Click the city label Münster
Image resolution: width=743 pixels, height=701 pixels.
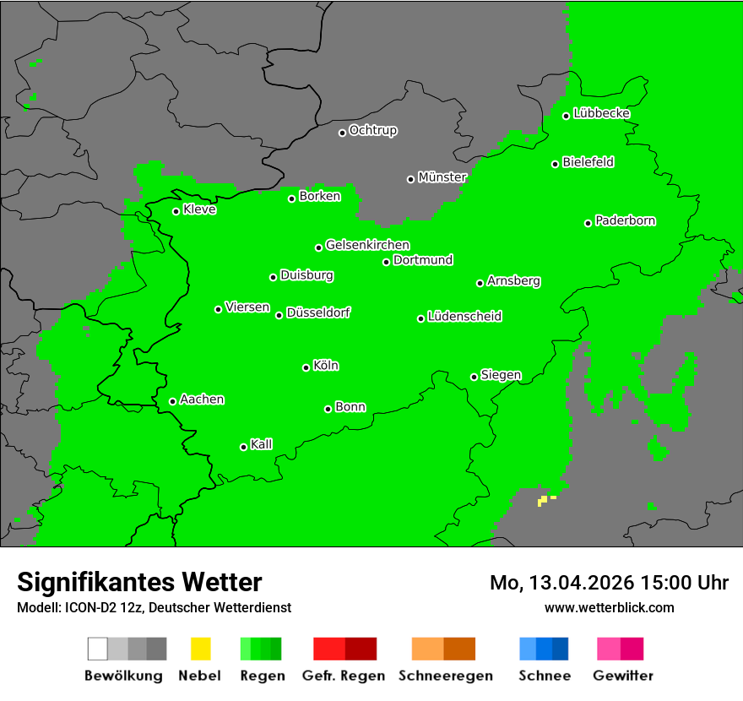(x=442, y=177)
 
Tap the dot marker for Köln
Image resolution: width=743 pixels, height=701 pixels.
(x=306, y=367)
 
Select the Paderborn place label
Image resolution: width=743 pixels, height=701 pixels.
(x=626, y=221)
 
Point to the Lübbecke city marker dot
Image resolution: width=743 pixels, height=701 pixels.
(x=567, y=116)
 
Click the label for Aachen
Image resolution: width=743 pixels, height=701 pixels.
(x=202, y=399)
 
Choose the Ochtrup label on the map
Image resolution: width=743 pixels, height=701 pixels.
(x=373, y=131)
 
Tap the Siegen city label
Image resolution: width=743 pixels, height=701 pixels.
(x=501, y=375)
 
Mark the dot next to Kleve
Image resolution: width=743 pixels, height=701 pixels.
(x=176, y=211)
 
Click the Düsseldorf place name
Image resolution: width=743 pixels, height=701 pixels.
(x=318, y=312)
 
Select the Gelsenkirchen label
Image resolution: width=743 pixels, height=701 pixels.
(x=367, y=246)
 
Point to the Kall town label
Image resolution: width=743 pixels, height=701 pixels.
(x=262, y=444)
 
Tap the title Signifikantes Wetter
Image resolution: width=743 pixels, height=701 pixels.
(x=139, y=582)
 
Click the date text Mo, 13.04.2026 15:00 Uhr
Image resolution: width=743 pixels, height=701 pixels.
(x=609, y=583)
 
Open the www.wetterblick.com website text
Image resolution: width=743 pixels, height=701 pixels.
(x=609, y=607)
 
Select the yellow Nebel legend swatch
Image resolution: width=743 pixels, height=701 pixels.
(x=200, y=649)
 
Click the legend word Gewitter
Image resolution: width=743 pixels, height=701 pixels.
(x=623, y=676)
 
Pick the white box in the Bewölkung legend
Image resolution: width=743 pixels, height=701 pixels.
(x=98, y=649)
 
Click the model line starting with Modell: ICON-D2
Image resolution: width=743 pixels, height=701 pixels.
(x=154, y=607)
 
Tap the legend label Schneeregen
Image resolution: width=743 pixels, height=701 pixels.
(x=446, y=676)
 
